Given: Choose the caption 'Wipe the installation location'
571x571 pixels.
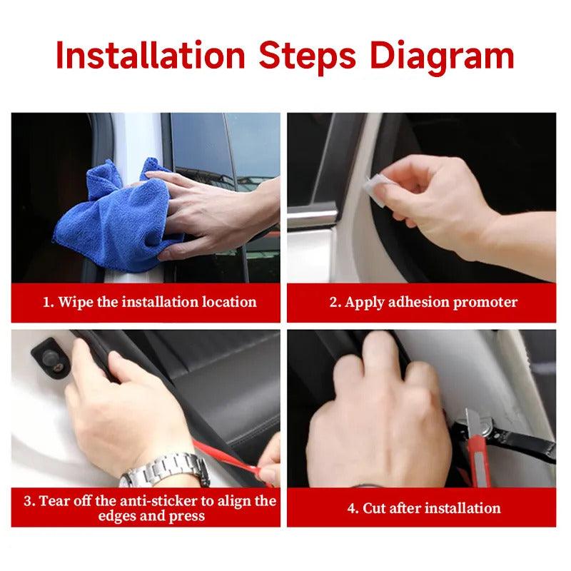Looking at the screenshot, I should coord(149,302).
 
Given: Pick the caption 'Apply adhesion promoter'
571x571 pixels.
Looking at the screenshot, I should coord(423,302).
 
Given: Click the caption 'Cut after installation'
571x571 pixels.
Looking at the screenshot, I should coord(423,508).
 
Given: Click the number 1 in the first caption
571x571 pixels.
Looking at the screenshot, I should coord(46,302).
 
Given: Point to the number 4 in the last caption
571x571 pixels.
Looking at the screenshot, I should coord(350,508).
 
